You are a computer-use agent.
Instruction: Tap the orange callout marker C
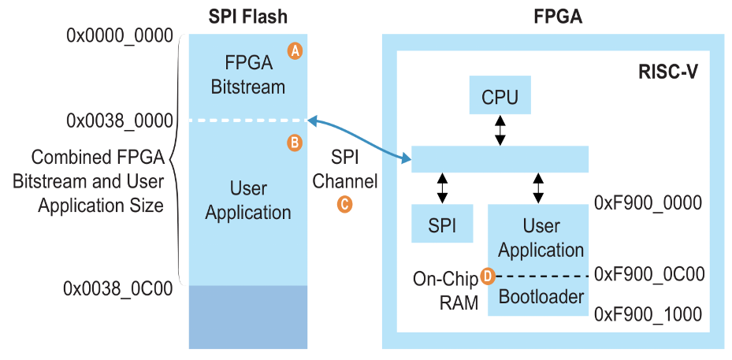(x=344, y=203)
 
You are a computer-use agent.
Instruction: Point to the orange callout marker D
(x=487, y=276)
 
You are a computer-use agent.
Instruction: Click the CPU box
(x=500, y=96)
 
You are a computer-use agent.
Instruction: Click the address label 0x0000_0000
(x=119, y=35)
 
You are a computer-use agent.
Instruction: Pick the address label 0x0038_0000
(x=119, y=121)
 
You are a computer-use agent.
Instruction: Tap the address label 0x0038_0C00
(x=117, y=288)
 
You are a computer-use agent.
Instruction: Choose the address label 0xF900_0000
(x=648, y=203)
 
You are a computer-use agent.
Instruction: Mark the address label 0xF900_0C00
(x=648, y=274)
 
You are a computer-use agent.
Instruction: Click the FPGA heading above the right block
(x=552, y=16)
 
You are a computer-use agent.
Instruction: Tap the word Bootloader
(x=541, y=296)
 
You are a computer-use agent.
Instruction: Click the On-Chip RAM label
(x=445, y=290)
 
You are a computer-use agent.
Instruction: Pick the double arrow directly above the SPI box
(x=442, y=188)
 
